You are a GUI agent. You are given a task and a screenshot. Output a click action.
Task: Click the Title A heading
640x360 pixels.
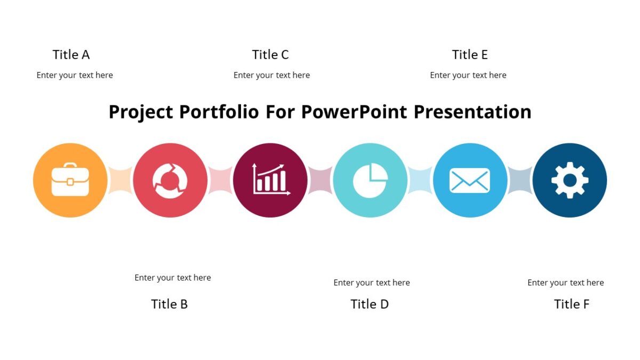(71, 55)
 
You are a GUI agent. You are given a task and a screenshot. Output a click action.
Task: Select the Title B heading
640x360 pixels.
(169, 304)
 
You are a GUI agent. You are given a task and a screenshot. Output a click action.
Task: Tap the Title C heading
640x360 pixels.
(270, 55)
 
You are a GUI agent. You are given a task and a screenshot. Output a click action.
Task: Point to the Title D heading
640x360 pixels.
(369, 304)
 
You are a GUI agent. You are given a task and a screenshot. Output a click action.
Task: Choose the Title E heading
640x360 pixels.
(470, 55)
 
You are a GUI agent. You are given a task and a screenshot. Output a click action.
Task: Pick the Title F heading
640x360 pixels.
(571, 304)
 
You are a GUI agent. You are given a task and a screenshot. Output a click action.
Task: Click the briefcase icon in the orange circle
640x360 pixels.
(70, 180)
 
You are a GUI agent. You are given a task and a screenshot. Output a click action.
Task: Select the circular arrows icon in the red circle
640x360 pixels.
(170, 180)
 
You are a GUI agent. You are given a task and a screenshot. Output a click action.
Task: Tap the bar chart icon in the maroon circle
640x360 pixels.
(270, 179)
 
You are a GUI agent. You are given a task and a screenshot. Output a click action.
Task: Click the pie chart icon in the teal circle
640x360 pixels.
(370, 180)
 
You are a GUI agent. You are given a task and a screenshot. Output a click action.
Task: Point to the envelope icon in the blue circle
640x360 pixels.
(470, 180)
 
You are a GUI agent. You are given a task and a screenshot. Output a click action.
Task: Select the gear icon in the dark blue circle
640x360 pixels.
(570, 180)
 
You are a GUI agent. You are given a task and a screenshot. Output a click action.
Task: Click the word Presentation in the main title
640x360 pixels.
(473, 113)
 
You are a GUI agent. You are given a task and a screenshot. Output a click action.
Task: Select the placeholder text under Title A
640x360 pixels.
(75, 75)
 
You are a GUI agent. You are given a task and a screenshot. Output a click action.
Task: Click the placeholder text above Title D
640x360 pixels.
(372, 283)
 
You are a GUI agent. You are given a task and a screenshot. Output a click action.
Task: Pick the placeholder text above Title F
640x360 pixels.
(566, 283)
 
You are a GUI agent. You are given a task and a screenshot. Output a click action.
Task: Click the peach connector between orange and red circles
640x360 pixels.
(121, 180)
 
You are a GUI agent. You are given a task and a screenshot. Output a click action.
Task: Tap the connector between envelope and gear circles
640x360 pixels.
(520, 180)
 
